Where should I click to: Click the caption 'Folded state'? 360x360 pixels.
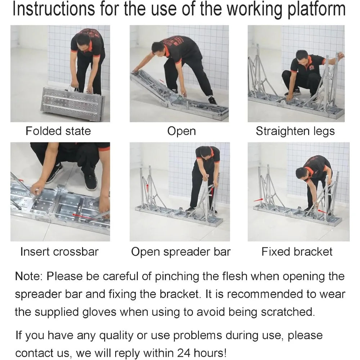coord(58,131)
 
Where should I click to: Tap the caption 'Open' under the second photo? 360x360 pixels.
coord(181,131)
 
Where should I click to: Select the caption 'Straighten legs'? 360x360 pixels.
coord(295,131)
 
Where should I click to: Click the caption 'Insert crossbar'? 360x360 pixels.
coord(59,251)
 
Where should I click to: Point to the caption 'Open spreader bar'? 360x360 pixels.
coord(181,251)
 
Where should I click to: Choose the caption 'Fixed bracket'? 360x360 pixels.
coord(297,251)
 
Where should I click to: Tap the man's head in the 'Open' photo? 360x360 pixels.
coord(158,48)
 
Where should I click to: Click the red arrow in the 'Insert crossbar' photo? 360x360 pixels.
coord(85,216)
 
